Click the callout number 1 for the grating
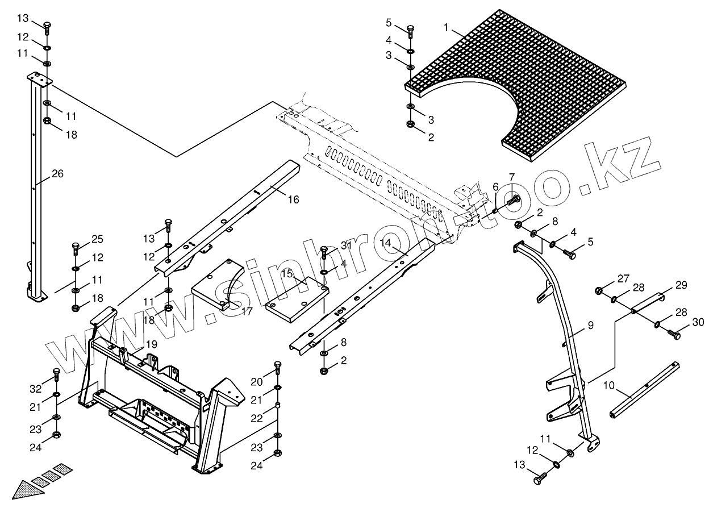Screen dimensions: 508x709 point(447,27)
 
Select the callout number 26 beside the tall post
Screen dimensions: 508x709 point(57,174)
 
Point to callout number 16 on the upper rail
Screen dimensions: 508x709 point(293,199)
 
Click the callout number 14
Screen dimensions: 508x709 point(386,243)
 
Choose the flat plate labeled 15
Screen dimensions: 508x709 point(297,301)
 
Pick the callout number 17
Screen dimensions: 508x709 point(247,311)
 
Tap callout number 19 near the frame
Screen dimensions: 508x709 point(151,344)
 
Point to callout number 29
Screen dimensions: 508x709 point(681,284)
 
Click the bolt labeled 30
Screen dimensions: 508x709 point(675,335)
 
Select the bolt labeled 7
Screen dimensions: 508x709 point(515,199)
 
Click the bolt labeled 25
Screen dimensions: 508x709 point(76,248)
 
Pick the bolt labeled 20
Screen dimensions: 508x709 point(277,367)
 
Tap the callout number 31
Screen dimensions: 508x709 point(347,245)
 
